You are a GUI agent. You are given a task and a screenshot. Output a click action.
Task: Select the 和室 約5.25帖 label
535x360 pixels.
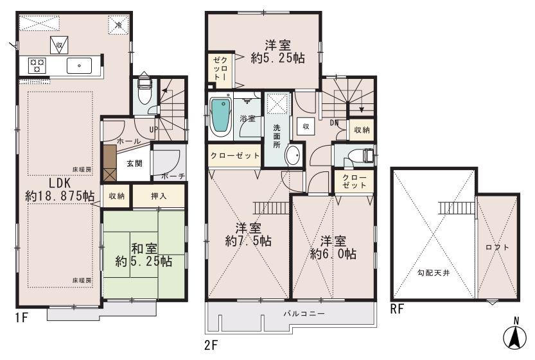click(143, 255)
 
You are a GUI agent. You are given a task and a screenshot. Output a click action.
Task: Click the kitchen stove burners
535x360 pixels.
click(37, 65)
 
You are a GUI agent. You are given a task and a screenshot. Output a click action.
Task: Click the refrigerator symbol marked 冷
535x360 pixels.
click(118, 24)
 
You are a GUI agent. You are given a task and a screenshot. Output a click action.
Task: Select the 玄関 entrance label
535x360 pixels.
click(134, 162)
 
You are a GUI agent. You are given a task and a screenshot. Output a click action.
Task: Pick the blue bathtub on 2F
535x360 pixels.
click(220, 116)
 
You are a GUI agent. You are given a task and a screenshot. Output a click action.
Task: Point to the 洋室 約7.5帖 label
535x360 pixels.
click(247, 234)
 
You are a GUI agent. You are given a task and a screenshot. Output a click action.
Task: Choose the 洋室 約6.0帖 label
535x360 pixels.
click(333, 247)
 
